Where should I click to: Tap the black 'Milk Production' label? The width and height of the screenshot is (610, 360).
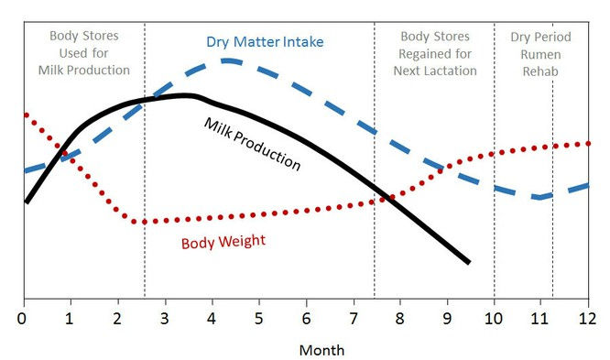pyautogui.click(x=252, y=144)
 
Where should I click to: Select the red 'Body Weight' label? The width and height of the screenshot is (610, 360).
pyautogui.click(x=223, y=243)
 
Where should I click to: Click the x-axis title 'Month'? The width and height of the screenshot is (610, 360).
pyautogui.click(x=321, y=349)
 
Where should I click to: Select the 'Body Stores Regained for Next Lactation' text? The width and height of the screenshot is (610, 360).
pyautogui.click(x=435, y=53)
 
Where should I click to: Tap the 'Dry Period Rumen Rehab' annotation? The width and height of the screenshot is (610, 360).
pyautogui.click(x=540, y=53)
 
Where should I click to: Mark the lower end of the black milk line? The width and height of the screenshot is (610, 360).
pyautogui.click(x=469, y=263)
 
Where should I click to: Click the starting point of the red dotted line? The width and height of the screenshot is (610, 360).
pyautogui.click(x=25, y=115)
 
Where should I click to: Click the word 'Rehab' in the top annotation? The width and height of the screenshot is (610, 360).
pyautogui.click(x=540, y=70)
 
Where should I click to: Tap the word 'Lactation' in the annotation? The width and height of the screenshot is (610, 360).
pyautogui.click(x=458, y=70)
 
